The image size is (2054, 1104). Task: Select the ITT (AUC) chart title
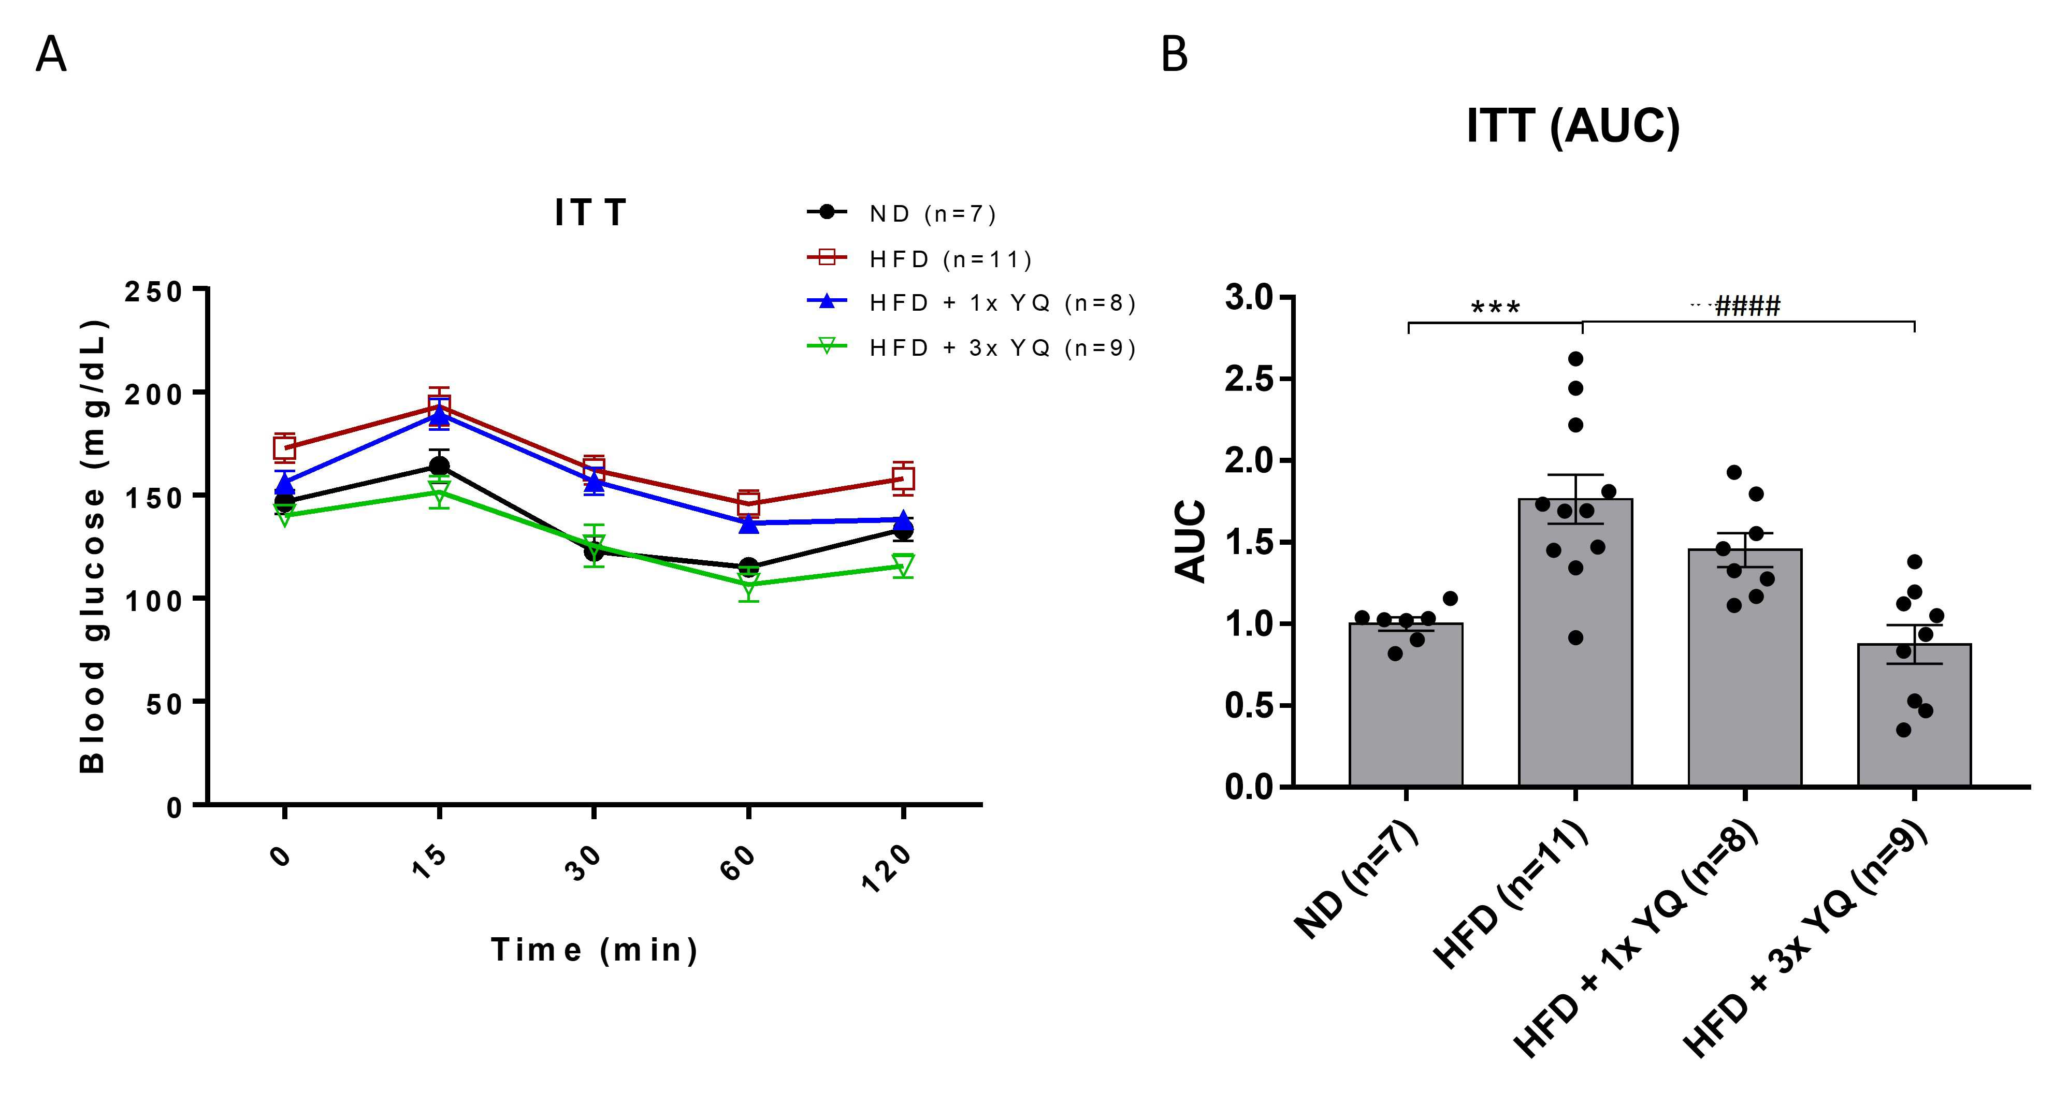coord(1573,125)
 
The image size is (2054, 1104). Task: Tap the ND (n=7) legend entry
coord(902,214)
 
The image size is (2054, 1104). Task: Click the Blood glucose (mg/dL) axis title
coord(93,547)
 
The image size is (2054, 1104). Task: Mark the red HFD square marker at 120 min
coord(903,478)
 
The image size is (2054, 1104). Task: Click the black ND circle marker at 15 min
coord(439,467)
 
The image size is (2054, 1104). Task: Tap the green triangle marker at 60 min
coord(748,583)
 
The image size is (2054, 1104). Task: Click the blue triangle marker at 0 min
coord(285,484)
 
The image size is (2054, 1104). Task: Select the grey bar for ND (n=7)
coord(1406,705)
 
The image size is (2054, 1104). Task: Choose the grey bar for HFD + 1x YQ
coord(1745,668)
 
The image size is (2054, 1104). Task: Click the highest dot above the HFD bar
coord(1575,359)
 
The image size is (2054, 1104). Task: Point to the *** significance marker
coord(1495,308)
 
